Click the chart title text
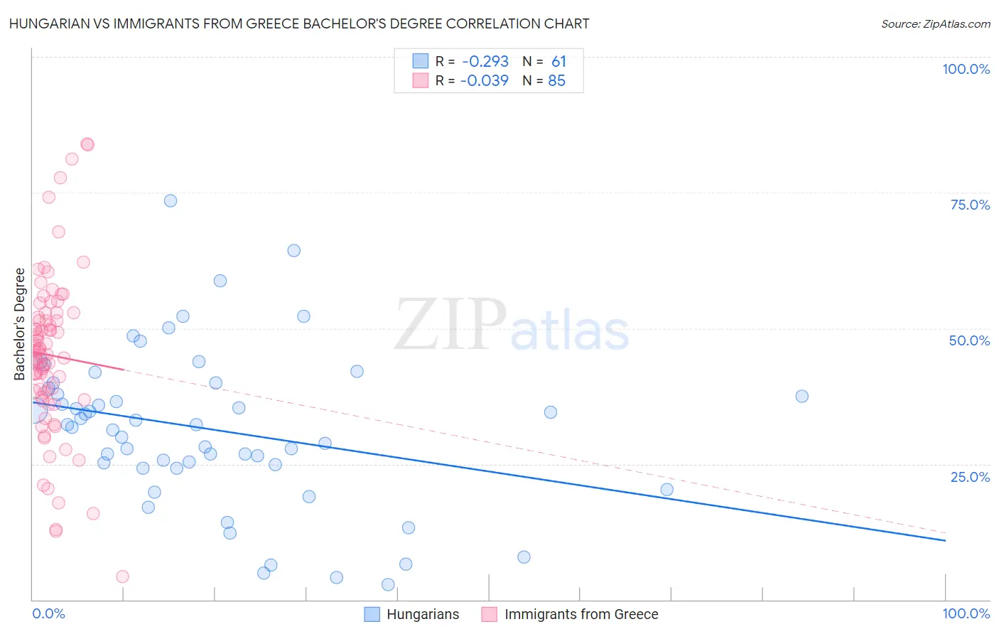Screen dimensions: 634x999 298,23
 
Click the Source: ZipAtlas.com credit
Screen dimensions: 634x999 935,24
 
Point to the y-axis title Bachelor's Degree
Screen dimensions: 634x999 20,324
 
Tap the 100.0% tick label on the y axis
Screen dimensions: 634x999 966,69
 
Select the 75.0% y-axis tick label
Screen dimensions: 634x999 970,205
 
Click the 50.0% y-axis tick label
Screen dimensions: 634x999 969,340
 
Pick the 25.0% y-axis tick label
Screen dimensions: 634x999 970,476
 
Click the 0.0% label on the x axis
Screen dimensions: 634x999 48,613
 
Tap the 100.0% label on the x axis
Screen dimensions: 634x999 966,613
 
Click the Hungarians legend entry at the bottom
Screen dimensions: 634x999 423,614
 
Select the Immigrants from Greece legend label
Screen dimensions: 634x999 581,614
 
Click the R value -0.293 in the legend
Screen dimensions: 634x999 485,62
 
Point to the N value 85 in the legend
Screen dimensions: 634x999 556,81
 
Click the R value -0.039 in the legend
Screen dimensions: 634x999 485,81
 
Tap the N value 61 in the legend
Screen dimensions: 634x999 558,62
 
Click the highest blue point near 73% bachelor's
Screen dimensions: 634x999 171,200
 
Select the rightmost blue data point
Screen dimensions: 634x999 802,396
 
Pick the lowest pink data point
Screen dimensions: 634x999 122,576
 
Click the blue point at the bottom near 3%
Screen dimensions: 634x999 388,584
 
